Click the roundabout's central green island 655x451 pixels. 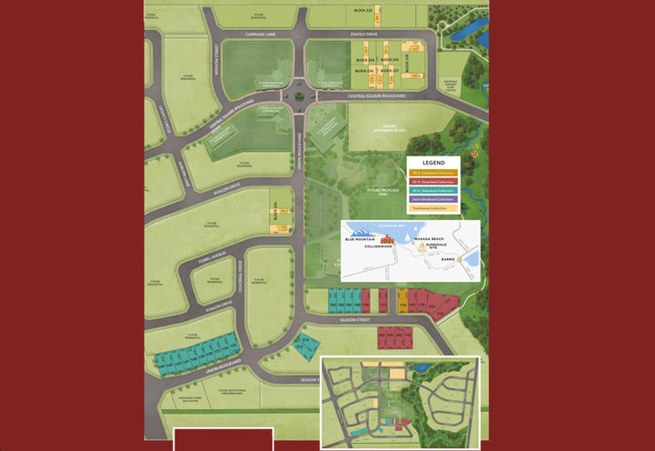coord(300,95)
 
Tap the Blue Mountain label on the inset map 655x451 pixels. coord(360,239)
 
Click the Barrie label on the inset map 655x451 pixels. coord(447,259)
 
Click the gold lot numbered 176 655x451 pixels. coord(402,306)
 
